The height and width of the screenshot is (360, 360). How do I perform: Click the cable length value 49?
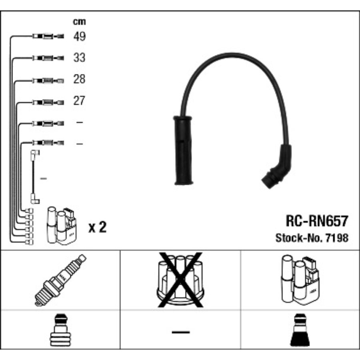tap(79, 37)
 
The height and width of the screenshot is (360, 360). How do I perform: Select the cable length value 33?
tap(79, 58)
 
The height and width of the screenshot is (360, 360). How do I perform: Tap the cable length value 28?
tap(79, 79)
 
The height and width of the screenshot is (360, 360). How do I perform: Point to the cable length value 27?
tap(79, 100)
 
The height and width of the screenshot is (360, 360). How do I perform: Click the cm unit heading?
tap(79, 22)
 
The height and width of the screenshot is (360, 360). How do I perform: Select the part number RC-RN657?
tap(317, 220)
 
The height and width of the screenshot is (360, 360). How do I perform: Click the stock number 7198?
tap(337, 238)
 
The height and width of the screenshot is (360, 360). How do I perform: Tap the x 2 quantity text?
tap(97, 228)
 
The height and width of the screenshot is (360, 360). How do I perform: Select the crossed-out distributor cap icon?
tap(180, 280)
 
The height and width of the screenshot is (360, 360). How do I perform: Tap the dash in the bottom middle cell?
tap(180, 332)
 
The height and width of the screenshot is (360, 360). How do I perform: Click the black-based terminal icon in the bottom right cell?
tap(300, 331)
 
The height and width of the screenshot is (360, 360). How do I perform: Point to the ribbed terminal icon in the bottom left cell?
tap(60, 331)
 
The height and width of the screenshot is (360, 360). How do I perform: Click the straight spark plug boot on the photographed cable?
tap(183, 150)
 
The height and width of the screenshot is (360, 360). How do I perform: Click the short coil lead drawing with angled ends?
tap(34, 176)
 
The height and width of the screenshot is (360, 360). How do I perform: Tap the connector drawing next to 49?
tap(47, 37)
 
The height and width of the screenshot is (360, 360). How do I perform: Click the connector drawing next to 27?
tap(47, 102)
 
